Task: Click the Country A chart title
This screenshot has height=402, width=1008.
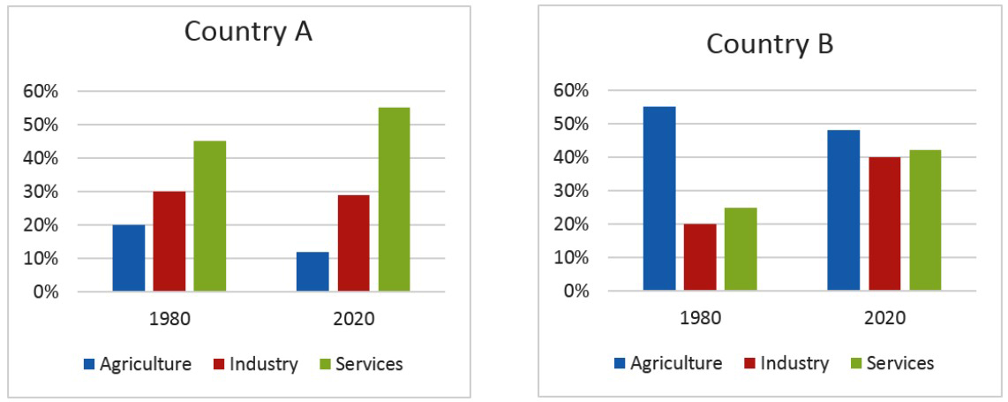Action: click(x=248, y=33)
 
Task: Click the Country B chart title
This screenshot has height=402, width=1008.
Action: click(x=769, y=43)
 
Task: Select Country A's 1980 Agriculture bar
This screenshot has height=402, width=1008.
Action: click(x=129, y=258)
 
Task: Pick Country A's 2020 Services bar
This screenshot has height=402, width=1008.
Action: click(x=394, y=200)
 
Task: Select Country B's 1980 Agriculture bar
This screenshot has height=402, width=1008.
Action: click(x=659, y=199)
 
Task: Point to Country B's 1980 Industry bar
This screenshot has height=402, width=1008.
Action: click(x=700, y=257)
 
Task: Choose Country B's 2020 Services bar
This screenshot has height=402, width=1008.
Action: click(x=925, y=220)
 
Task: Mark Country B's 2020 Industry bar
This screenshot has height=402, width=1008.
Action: click(x=884, y=224)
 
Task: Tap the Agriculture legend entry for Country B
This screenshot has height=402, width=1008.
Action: click(x=668, y=362)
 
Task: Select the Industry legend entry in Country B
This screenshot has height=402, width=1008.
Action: click(x=787, y=362)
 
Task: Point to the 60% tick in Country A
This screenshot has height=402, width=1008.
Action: click(x=42, y=91)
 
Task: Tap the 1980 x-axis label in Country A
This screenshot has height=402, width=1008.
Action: click(x=169, y=318)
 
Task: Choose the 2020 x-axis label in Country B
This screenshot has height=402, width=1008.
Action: click(x=884, y=317)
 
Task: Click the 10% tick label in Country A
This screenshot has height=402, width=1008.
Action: click(x=42, y=259)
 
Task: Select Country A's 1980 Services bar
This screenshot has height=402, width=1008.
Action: click(x=210, y=216)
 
